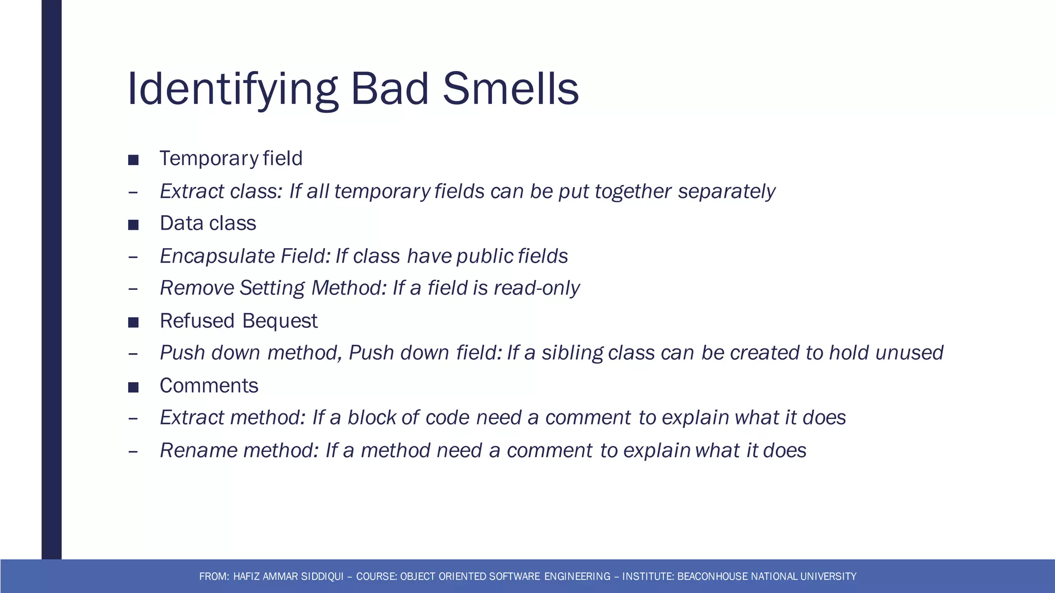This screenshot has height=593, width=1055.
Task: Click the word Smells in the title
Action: pos(511,89)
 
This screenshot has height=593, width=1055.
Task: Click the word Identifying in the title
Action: pos(232,89)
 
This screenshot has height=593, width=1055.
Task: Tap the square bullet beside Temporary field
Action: pos(133,160)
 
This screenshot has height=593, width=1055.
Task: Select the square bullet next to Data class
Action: pos(133,224)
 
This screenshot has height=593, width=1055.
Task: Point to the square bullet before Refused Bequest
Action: pos(133,322)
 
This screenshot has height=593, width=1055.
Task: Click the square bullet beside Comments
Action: pos(133,387)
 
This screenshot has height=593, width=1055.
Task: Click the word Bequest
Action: pos(279,321)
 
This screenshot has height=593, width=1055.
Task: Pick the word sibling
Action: pos(572,353)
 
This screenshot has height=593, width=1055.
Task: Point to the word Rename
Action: pos(198,450)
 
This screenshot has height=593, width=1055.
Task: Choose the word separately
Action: pos(726,191)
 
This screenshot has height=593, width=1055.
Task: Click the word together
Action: pos(633,191)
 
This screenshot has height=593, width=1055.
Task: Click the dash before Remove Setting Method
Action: pos(133,289)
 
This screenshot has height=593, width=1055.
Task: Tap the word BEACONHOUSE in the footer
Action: pos(713,577)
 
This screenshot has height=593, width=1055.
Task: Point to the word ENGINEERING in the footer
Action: pos(577,577)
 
